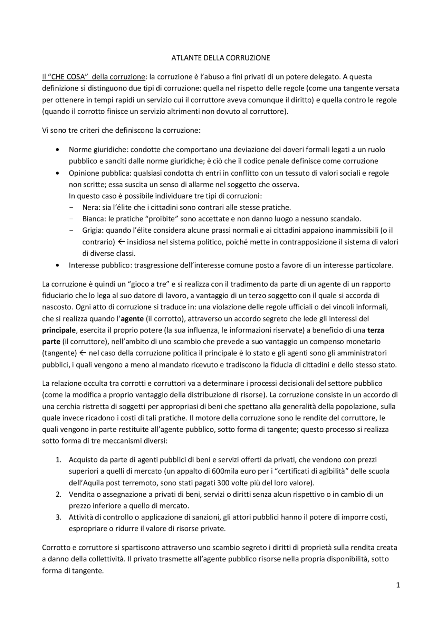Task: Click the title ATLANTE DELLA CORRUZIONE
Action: tap(221, 58)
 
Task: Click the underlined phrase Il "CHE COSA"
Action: tap(64, 77)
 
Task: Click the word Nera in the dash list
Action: tap(89, 207)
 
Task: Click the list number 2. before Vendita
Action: tap(58, 494)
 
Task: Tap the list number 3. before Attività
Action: tap(58, 517)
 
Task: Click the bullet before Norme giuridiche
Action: tap(57, 150)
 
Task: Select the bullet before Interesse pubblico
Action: tap(57, 265)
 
